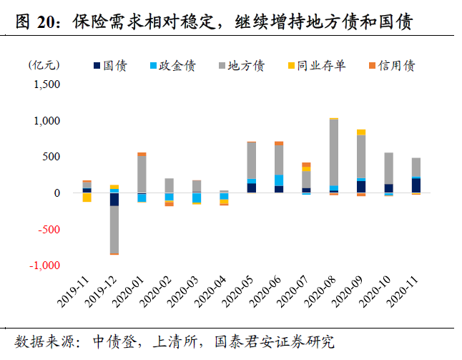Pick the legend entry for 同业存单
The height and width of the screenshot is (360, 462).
click(x=319, y=67)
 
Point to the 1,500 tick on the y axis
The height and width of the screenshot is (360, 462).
click(x=47, y=84)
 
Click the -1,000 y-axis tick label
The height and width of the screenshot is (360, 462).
click(x=44, y=266)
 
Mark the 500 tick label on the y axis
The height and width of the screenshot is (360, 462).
click(x=53, y=157)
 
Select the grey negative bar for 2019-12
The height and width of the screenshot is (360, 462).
click(x=114, y=229)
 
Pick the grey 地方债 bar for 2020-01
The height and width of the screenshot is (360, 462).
click(x=142, y=174)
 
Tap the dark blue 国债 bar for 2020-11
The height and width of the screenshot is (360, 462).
click(x=416, y=185)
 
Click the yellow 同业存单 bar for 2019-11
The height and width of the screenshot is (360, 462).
click(x=87, y=198)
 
